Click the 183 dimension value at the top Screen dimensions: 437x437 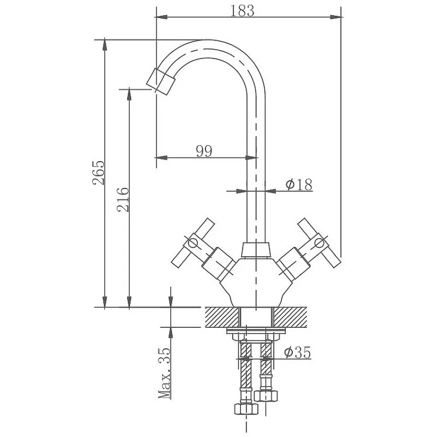pyautogui.click(x=242, y=11)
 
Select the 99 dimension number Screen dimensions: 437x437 pyautogui.click(x=204, y=151)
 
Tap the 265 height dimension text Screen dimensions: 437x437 pyautogui.click(x=98, y=173)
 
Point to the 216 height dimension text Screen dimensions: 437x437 pyautogui.click(x=123, y=199)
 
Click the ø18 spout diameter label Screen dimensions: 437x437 pyautogui.click(x=299, y=184)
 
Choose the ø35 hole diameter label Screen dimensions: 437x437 pyautogui.click(x=297, y=352)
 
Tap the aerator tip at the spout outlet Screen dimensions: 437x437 pyautogui.click(x=160, y=81)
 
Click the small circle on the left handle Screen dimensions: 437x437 pyautogui.click(x=193, y=243)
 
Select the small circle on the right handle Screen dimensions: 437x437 pyautogui.click(x=320, y=243)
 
